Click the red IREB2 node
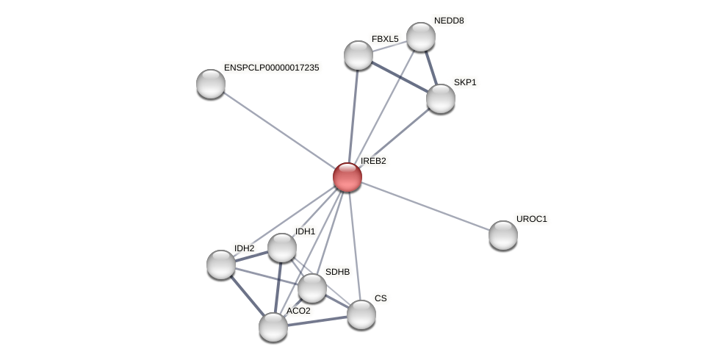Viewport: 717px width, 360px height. coord(347,177)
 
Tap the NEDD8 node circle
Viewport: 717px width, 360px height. coord(421,37)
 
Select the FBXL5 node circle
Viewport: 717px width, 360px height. coord(358,55)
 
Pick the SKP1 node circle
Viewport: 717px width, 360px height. coord(441,98)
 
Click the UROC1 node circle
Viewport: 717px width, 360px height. coord(503,235)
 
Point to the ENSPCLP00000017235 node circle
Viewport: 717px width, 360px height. coord(211,84)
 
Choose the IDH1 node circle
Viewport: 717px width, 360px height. coord(282,248)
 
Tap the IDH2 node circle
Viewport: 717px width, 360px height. coord(221,264)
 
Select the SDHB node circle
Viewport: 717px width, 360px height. coord(312,288)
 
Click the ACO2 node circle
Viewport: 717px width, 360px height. coord(273,327)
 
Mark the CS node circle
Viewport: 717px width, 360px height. coord(361,314)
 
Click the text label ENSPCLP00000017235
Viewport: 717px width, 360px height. coord(271,68)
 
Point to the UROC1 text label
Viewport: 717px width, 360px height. coord(531,219)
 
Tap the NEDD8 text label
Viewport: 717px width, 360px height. coord(449,21)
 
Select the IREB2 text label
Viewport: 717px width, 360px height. coord(373,161)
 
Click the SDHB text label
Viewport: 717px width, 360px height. coord(337,272)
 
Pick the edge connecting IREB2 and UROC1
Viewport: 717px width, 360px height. coord(425,206)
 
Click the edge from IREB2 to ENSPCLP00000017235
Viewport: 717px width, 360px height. coord(279,130)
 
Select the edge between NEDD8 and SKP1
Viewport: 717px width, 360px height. coord(431,68)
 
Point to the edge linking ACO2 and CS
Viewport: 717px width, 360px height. coord(317,321)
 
